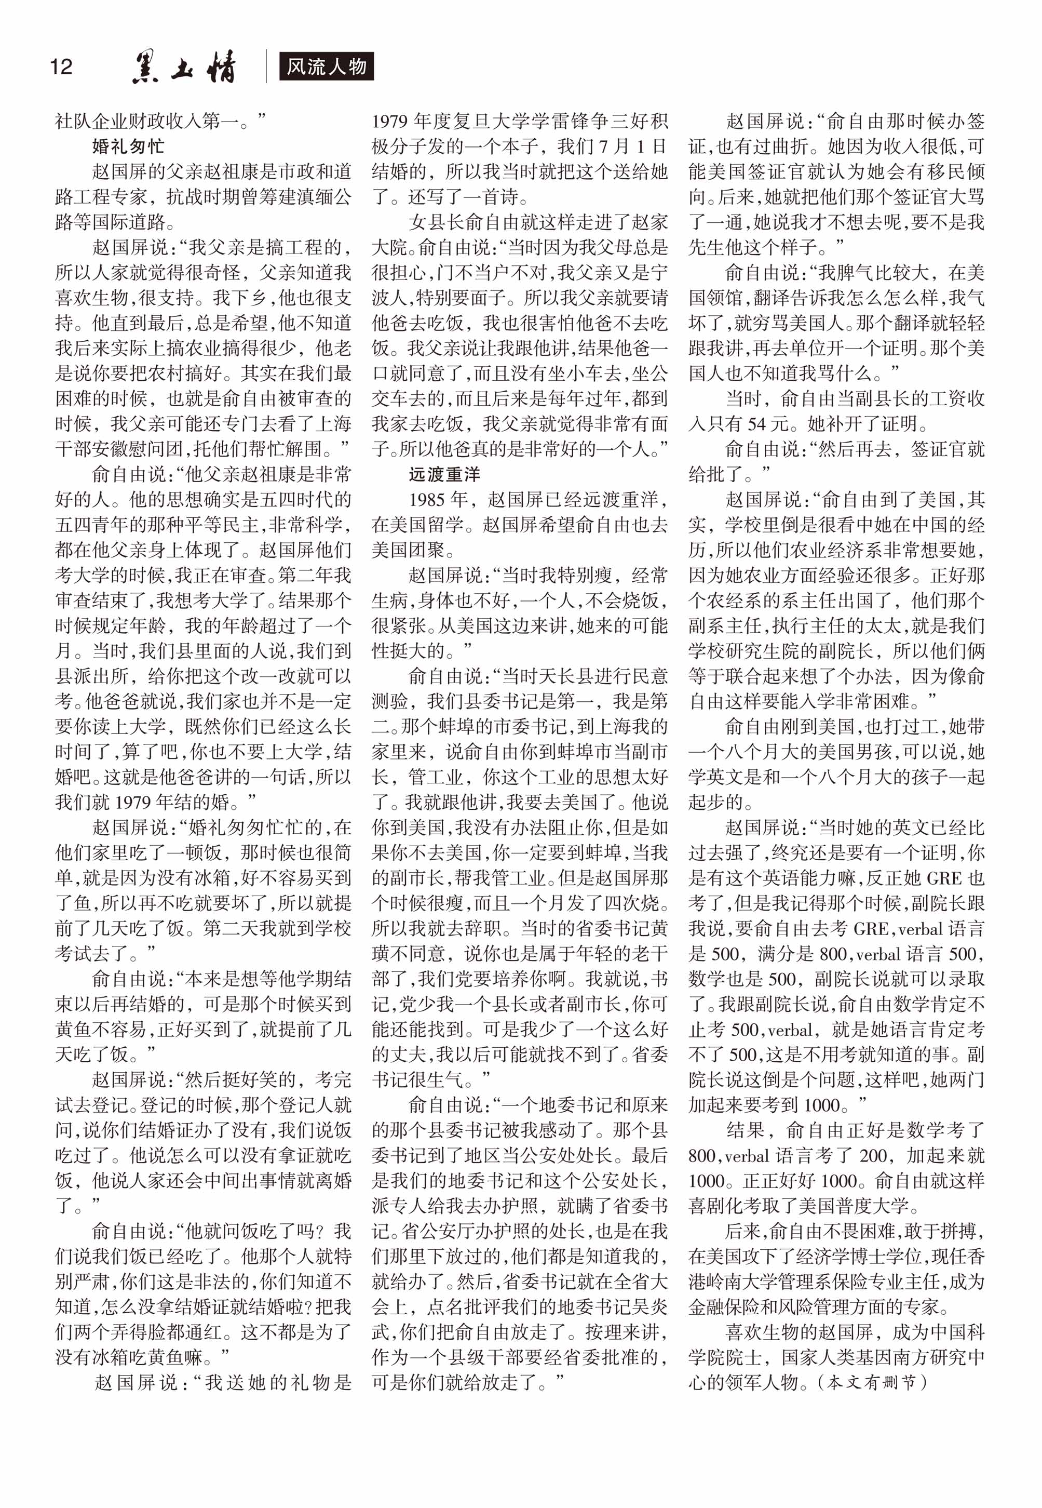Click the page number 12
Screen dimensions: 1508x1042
[61, 66]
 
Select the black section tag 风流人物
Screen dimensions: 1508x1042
[327, 66]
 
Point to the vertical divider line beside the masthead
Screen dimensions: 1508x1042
[266, 66]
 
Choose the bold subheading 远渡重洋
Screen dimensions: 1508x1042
[444, 474]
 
